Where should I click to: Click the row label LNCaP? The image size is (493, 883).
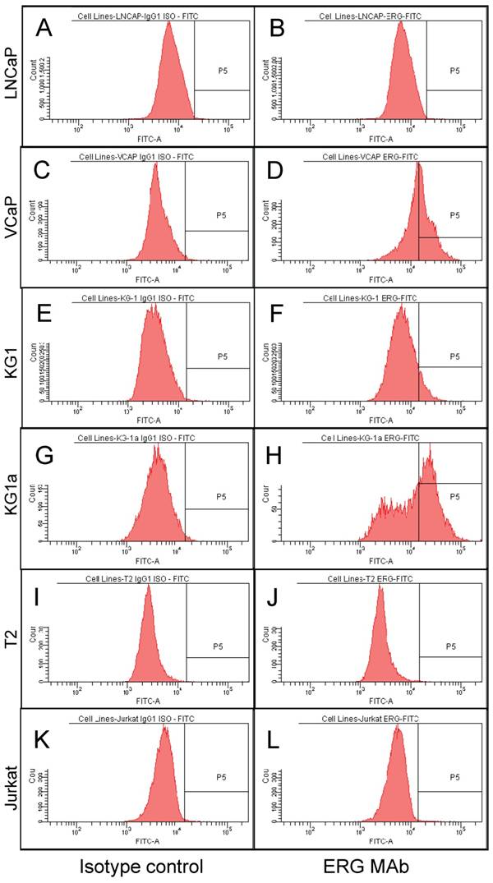point(12,76)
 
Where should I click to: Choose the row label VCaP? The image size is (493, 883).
point(12,216)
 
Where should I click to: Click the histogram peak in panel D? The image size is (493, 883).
point(418,164)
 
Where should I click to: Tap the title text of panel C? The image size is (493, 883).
point(136,154)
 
